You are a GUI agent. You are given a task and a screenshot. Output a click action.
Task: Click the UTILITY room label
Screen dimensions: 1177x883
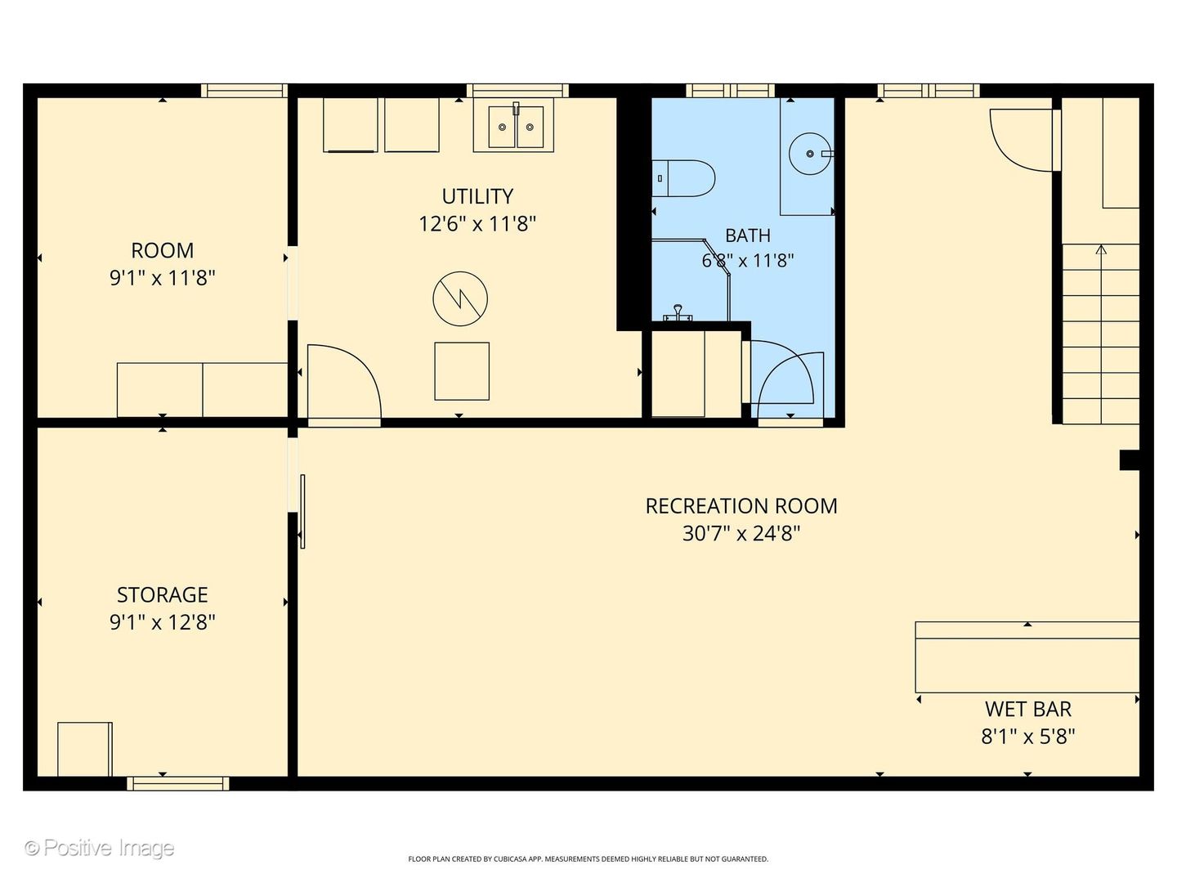(x=477, y=196)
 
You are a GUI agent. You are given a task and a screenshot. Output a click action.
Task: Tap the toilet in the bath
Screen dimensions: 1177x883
(x=682, y=178)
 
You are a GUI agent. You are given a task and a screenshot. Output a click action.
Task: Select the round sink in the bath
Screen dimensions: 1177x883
(x=811, y=154)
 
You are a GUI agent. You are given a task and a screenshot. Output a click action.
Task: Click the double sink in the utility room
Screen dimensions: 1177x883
(x=516, y=127)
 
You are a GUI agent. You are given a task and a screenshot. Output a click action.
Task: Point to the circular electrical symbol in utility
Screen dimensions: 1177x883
(x=460, y=298)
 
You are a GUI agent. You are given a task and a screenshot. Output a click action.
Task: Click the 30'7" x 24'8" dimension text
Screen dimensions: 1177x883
(x=741, y=533)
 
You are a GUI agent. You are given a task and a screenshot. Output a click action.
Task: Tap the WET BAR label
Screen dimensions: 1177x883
(x=1028, y=710)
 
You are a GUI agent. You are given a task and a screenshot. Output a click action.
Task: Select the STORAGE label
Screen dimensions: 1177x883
(x=163, y=594)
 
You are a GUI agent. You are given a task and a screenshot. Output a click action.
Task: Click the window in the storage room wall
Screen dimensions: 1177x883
(x=178, y=783)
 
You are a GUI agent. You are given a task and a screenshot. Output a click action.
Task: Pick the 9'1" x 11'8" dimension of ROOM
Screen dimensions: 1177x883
(x=163, y=278)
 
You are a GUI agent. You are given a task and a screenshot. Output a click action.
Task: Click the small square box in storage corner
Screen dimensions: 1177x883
(x=85, y=749)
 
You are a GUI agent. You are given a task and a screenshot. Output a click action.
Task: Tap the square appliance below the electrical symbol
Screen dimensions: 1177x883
(x=462, y=371)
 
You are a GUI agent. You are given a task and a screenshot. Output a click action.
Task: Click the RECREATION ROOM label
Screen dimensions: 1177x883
(x=741, y=506)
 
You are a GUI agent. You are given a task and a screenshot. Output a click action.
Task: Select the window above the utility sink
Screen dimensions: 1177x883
(x=517, y=90)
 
